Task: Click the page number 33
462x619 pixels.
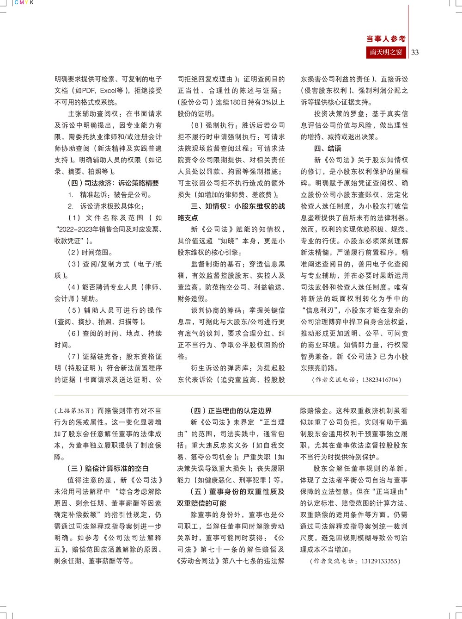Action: click(x=415, y=52)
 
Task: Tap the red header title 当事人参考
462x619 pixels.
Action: click(x=386, y=39)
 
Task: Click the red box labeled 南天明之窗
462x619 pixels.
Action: click(x=386, y=52)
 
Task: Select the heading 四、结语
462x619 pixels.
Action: click(x=328, y=149)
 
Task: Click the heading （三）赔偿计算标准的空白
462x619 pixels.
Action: click(x=108, y=469)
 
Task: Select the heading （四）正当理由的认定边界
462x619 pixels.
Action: click(x=231, y=411)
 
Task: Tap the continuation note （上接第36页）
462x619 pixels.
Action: click(x=75, y=411)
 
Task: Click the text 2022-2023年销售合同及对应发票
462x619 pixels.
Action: click(x=108, y=229)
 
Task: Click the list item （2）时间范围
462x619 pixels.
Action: click(x=90, y=253)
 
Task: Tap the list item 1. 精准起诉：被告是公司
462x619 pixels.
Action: click(x=109, y=195)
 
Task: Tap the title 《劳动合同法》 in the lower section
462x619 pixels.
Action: click(x=198, y=561)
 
